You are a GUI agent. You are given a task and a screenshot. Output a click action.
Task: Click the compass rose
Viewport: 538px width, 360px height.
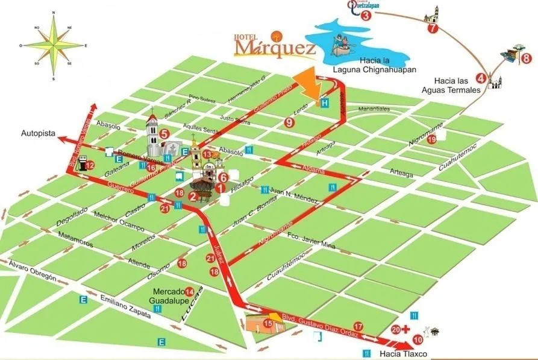[x=53, y=45]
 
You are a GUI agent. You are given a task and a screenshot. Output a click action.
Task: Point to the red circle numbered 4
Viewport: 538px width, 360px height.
[x=481, y=77]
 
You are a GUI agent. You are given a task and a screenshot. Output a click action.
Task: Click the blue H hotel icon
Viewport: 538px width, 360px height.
[x=325, y=103]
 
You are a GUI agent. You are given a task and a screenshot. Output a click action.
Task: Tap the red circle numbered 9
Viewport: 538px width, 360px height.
[x=290, y=122]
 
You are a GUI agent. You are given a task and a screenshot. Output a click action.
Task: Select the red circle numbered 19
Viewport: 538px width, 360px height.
[x=432, y=140]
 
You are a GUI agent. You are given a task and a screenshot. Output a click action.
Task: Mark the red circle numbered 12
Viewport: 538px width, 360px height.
[x=89, y=165]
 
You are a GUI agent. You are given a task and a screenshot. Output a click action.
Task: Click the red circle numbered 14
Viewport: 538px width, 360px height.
[x=190, y=292]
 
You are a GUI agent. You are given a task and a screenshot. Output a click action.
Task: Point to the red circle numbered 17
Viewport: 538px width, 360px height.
[x=358, y=326]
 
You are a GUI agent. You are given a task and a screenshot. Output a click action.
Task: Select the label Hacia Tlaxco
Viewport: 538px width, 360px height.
[x=403, y=354]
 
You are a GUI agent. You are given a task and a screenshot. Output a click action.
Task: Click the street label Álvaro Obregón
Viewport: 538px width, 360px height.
[x=32, y=271]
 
